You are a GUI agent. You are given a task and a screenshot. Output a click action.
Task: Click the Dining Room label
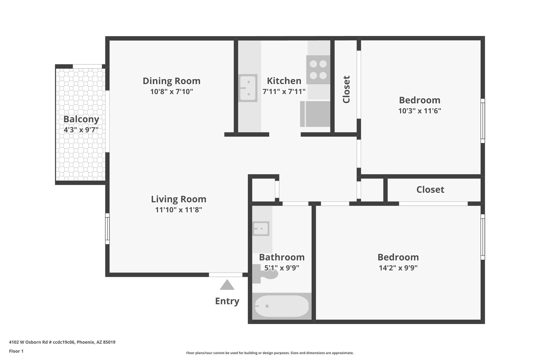point(172,81)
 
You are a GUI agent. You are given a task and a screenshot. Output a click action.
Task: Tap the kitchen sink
point(248,88)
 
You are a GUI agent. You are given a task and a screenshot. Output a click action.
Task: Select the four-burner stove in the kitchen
point(318,70)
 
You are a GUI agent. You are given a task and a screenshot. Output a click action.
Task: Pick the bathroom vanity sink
point(261,229)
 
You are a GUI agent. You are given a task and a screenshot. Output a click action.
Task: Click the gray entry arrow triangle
point(227,285)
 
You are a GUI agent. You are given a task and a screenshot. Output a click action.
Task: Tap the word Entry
point(227,301)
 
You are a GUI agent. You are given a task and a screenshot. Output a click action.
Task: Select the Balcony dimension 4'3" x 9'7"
point(81,130)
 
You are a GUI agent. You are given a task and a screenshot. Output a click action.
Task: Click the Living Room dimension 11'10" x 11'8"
point(179,210)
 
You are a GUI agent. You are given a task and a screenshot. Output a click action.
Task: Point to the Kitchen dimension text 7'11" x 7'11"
point(284,92)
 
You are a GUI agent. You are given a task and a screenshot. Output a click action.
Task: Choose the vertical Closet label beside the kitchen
point(346,89)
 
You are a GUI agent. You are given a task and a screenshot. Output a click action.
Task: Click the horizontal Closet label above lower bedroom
point(430,190)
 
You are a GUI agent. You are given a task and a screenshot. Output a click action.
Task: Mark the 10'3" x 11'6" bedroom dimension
point(420,111)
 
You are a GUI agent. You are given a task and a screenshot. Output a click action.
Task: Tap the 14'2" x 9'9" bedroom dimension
point(398,268)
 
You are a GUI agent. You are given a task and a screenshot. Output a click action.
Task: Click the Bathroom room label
point(282,257)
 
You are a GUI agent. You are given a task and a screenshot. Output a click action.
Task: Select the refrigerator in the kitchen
point(315,114)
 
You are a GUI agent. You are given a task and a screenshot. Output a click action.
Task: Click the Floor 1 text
point(16,351)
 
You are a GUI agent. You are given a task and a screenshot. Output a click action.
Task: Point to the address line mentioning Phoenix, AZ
point(62,342)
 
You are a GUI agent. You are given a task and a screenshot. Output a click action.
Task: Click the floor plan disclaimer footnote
point(270,353)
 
